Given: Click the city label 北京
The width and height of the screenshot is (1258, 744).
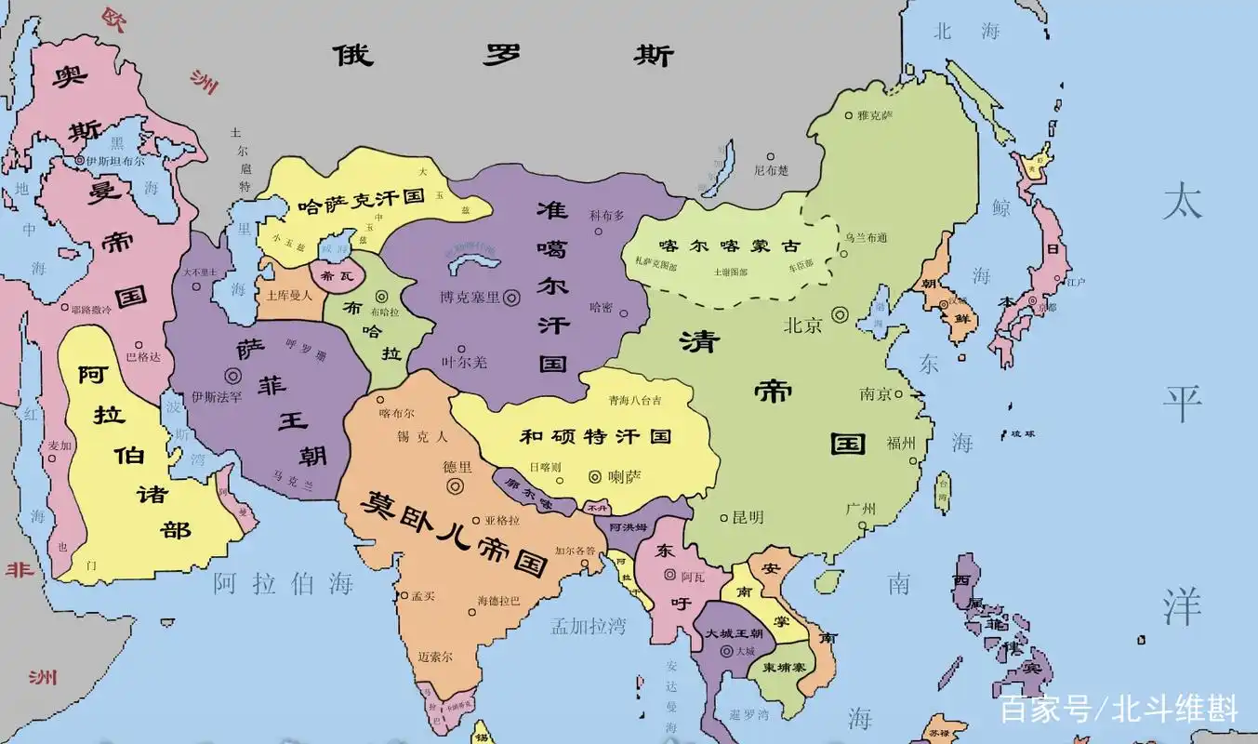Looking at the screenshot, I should [x=803, y=325].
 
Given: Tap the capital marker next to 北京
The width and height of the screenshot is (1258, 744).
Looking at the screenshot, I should [x=841, y=314].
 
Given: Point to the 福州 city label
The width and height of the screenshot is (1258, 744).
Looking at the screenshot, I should [x=902, y=443].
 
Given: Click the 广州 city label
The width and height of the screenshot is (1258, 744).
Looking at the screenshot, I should [x=861, y=509].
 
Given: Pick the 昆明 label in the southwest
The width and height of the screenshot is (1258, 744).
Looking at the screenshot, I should [x=748, y=517].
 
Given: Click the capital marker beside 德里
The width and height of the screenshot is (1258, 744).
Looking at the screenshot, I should [x=455, y=485].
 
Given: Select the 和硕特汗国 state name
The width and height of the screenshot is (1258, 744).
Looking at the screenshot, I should [x=595, y=436].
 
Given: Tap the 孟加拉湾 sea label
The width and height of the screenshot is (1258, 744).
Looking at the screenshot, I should [x=589, y=626].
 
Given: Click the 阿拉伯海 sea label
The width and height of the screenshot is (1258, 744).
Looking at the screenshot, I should [x=284, y=584].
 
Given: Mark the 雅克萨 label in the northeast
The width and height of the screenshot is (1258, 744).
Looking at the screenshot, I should [x=874, y=115].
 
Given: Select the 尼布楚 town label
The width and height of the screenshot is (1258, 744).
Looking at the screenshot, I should [x=771, y=170].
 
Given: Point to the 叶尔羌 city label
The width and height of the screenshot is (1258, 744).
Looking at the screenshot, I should [x=464, y=362].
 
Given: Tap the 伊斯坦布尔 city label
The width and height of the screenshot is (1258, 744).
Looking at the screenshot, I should [x=117, y=160].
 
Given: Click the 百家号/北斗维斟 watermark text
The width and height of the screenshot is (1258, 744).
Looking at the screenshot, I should [x=1119, y=710].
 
